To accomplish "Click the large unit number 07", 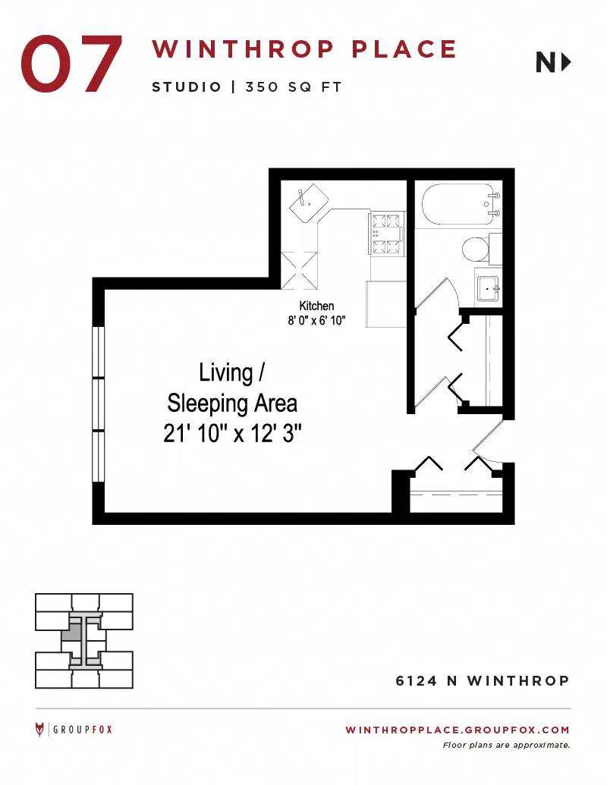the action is (x=71, y=64).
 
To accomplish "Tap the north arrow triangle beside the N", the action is (x=567, y=63).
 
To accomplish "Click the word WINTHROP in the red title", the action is (x=243, y=49).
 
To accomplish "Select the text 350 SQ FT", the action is (x=294, y=87).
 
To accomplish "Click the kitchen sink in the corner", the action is (x=309, y=203).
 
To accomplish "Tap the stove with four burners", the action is (x=387, y=234).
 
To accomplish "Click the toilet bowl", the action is (x=475, y=249).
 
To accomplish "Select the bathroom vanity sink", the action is (x=488, y=289).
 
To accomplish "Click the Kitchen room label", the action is (x=316, y=306).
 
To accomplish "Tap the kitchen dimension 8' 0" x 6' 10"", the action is (x=316, y=320).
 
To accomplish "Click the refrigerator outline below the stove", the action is (x=385, y=304).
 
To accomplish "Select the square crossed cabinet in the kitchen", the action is (x=299, y=270).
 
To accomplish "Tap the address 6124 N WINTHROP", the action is (x=483, y=681).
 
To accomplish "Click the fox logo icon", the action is (x=39, y=730).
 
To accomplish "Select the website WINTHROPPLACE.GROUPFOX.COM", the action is (x=458, y=730).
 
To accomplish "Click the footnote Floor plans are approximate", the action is (x=506, y=746).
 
